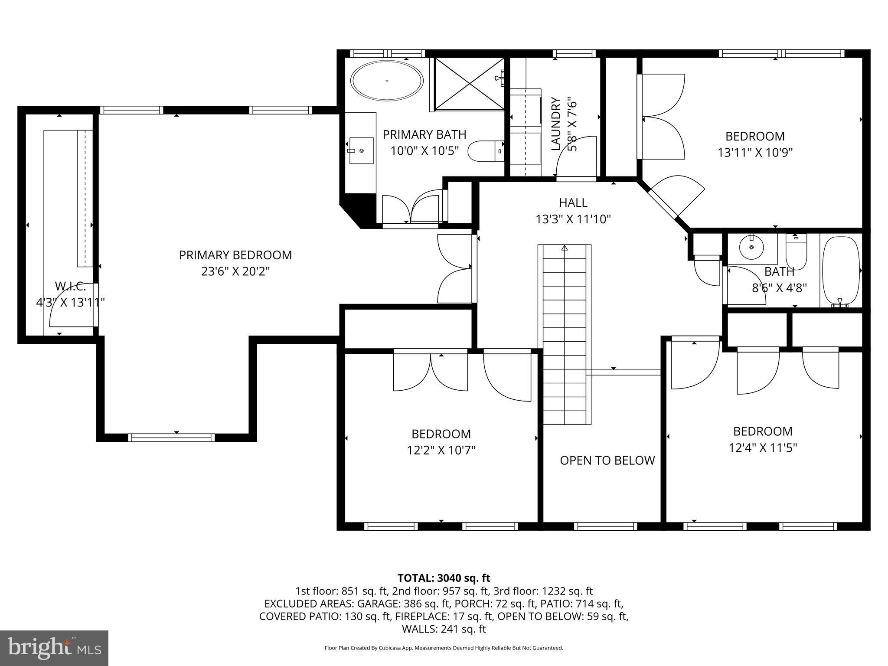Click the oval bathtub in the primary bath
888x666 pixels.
[387, 81]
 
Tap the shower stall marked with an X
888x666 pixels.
[469, 84]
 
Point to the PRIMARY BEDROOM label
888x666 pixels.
[235, 255]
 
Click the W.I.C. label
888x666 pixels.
[70, 286]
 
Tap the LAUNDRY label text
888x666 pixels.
[556, 124]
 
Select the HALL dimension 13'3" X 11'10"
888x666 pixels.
[573, 219]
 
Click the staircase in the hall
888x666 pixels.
[565, 334]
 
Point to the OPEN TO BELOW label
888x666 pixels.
[607, 460]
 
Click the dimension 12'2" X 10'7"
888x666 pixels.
[441, 451]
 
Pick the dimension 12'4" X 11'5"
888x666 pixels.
[763, 447]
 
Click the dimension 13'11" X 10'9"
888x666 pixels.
[755, 153]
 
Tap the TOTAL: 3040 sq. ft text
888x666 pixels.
[444, 578]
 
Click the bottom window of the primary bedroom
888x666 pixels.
[172, 437]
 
